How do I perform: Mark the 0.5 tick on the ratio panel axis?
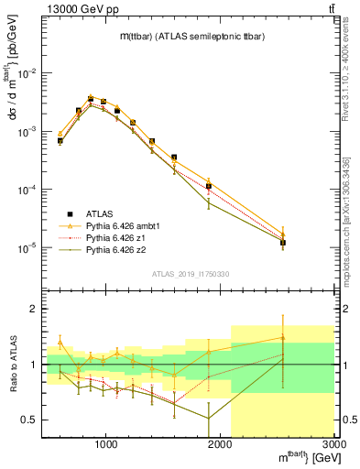(x=33, y=420)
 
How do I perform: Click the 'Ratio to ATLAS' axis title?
(x=11, y=365)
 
